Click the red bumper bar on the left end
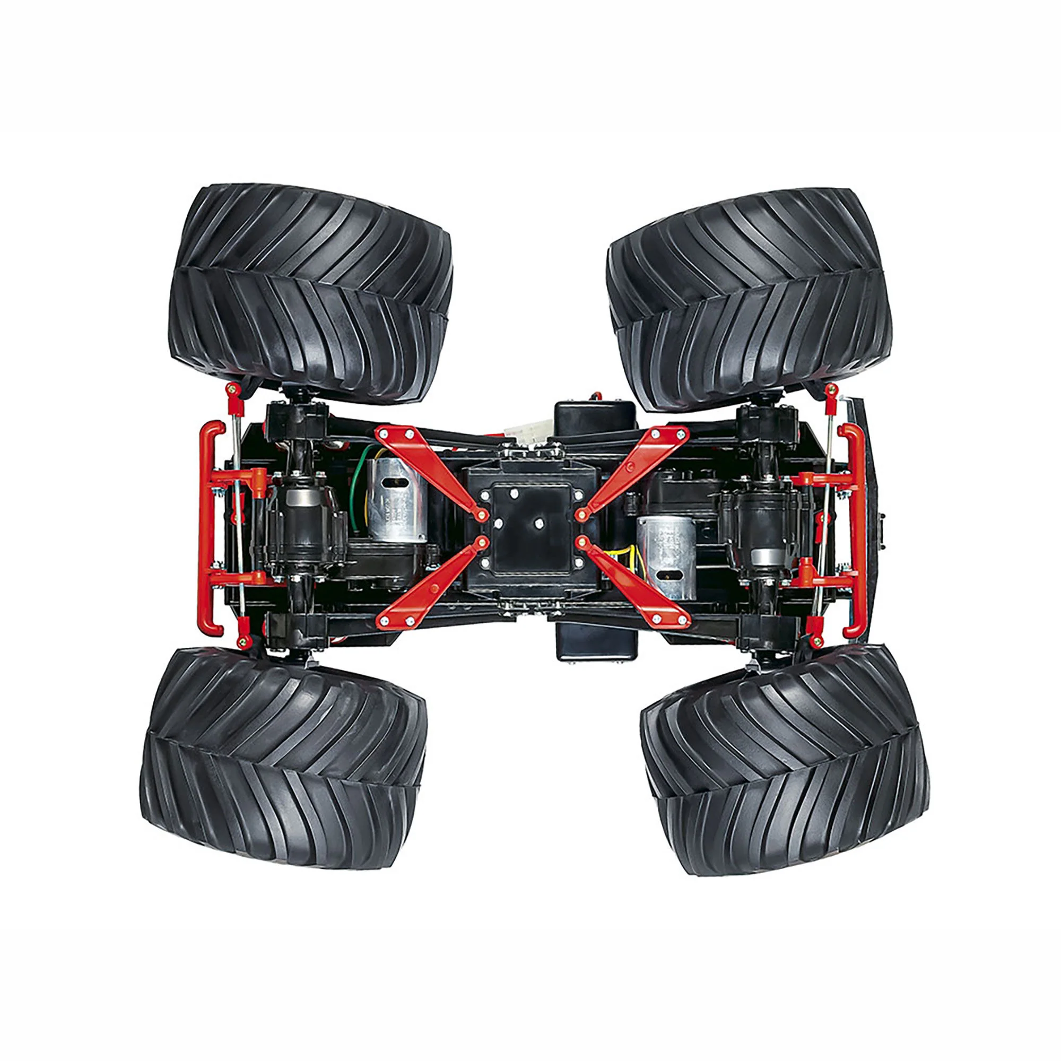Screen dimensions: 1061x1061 pos(212,527)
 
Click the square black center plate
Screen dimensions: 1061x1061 pos(530,527)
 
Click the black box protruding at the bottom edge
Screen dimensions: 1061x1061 pos(596,640)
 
